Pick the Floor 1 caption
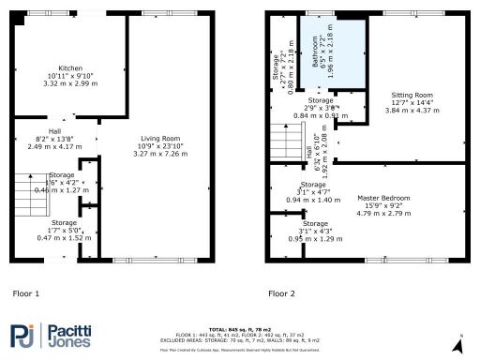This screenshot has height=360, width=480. point(25,293)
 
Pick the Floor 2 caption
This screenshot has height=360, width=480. point(281,293)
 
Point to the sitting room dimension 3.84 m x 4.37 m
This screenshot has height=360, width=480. point(412,110)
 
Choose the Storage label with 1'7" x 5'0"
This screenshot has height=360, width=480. point(65,223)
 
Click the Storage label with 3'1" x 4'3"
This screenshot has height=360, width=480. point(316,224)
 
